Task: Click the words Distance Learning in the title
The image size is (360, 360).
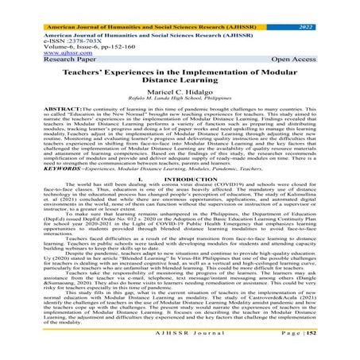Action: (x=180, y=82)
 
